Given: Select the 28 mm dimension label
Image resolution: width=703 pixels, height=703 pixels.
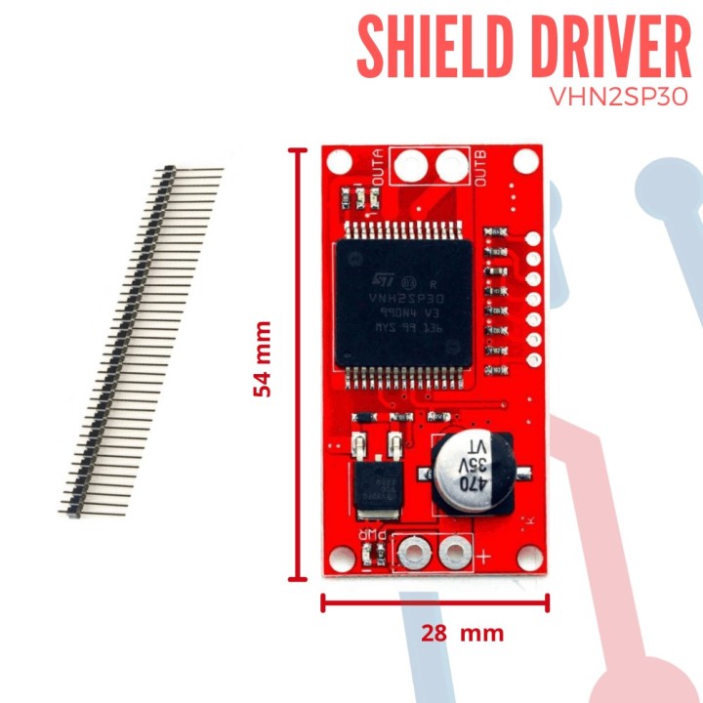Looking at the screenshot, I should coord(462,633).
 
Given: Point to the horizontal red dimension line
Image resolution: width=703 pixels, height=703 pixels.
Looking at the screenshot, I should coord(434,601).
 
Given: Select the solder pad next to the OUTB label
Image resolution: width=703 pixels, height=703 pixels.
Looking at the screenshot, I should coord(451,166).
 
